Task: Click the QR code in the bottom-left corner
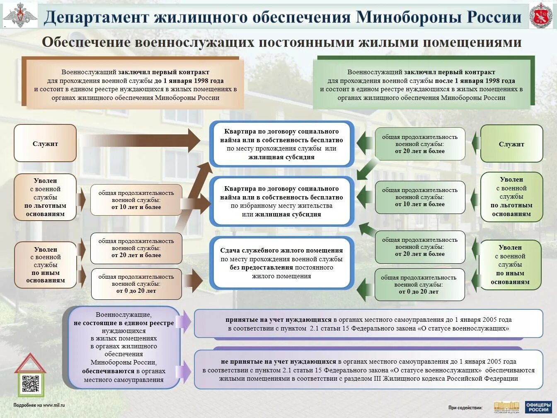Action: (30, 384)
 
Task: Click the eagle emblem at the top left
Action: (19, 16)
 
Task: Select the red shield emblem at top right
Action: (541, 16)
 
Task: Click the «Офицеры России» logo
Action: (538, 407)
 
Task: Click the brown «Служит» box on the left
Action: (45, 143)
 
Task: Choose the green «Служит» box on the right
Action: (511, 144)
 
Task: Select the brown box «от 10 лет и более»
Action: (136, 200)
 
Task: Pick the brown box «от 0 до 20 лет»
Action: (136, 284)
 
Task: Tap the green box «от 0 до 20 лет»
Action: (419, 284)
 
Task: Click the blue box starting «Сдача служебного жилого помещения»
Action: (281, 263)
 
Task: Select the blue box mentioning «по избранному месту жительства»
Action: (281, 202)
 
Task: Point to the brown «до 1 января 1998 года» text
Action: (189, 81)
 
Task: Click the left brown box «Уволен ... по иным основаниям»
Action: (46, 265)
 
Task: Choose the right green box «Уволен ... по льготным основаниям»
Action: (511, 197)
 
